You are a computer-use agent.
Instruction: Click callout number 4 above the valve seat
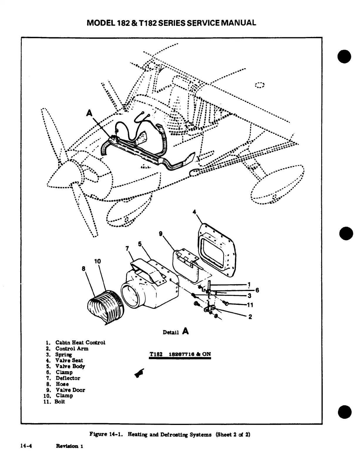click(194, 212)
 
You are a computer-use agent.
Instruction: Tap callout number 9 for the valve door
click(160, 233)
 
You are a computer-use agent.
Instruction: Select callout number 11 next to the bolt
click(250, 305)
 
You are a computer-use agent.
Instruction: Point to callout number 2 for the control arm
click(250, 317)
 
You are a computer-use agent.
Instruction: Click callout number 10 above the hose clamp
click(97, 261)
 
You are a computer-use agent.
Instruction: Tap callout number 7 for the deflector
click(127, 248)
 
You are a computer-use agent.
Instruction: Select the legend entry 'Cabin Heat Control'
click(80, 342)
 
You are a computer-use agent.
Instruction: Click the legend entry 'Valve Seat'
click(69, 360)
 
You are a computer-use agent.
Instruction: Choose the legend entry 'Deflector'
click(68, 378)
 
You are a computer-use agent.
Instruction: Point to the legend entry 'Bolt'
click(60, 402)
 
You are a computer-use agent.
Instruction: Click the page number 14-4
click(26, 446)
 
